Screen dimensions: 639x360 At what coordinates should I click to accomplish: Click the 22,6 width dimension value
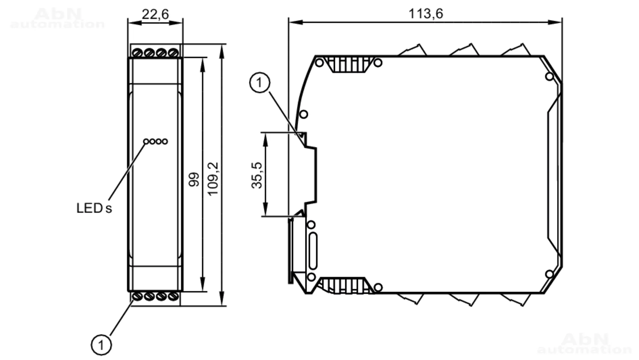click(x=155, y=14)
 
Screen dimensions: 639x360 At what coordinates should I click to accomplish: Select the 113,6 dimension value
click(x=426, y=14)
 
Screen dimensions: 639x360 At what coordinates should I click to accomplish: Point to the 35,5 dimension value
click(x=257, y=175)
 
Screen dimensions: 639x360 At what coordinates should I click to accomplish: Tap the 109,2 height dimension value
click(x=213, y=179)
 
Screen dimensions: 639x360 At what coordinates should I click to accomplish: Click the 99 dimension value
click(x=194, y=180)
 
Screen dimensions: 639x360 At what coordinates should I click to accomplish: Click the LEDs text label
click(x=94, y=208)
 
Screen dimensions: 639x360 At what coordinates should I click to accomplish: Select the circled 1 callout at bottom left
click(x=101, y=345)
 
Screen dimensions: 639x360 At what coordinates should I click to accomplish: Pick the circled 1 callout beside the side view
click(x=259, y=83)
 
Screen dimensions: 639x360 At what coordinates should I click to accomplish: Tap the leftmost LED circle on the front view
click(x=146, y=141)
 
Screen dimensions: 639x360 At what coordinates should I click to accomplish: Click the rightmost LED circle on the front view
click(x=165, y=141)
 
